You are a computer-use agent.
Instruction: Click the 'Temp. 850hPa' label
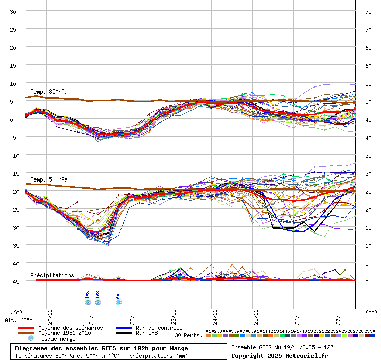point(49,92)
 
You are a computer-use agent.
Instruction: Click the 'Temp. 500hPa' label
point(49,179)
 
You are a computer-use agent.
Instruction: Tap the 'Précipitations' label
point(52,275)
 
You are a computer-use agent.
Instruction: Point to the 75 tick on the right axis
point(368,12)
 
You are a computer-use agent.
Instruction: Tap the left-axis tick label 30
point(13,12)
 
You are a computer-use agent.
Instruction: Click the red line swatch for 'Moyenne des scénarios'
point(26,328)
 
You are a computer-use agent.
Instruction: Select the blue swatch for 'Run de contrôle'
point(124,328)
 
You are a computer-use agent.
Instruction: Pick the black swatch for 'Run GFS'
point(124,333)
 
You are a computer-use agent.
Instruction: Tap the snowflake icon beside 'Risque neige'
point(31,339)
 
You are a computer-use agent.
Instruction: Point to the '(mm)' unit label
point(371,312)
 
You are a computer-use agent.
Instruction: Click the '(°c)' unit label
point(16,312)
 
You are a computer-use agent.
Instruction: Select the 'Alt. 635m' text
point(19,320)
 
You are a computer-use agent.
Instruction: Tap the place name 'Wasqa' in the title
point(177,348)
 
